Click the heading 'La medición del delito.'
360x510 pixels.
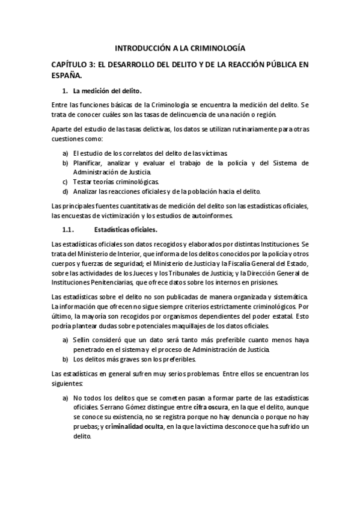point(107,91)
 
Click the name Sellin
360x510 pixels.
point(83,341)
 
